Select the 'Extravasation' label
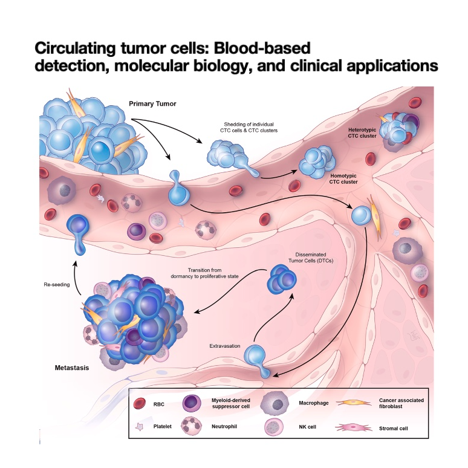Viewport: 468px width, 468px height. pyautogui.click(x=223, y=345)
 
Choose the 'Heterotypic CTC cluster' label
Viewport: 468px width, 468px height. pyautogui.click(x=362, y=133)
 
